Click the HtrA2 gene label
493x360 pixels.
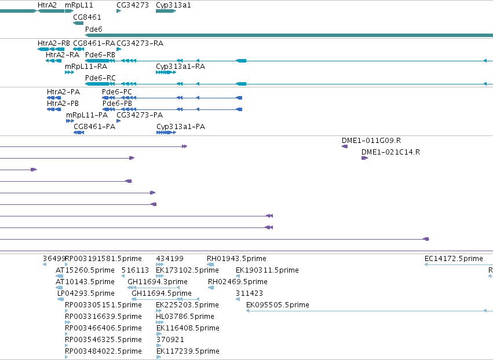pos(47,5)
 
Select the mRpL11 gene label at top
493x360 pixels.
pos(79,5)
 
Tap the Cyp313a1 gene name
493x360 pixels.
pos(173,5)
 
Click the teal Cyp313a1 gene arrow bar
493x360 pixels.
pos(166,11)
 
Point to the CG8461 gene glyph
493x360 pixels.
pos(78,23)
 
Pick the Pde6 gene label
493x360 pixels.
pos(94,29)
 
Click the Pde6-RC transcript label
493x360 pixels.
pos(100,78)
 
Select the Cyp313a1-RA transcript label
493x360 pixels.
pos(181,67)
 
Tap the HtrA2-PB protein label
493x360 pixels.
pos(63,104)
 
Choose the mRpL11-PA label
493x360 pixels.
pos(87,115)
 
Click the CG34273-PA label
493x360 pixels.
pos(140,115)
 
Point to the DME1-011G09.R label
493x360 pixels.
pos(371,141)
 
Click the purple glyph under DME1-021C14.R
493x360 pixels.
pos(365,158)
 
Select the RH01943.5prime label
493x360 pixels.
pos(236,259)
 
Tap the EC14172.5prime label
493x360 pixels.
pos(454,259)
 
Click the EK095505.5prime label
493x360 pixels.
pos(277,304)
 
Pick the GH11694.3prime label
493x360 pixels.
pos(158,282)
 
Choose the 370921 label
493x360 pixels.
pos(170,340)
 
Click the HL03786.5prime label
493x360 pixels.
pos(185,317)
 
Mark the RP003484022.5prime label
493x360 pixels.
pos(103,351)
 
